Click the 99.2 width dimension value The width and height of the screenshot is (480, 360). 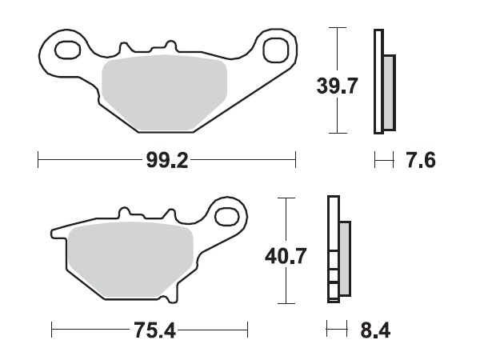click(166, 161)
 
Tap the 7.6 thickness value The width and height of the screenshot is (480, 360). click(421, 161)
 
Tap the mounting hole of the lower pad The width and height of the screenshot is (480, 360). click(230, 217)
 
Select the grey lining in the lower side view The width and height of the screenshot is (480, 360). click(345, 258)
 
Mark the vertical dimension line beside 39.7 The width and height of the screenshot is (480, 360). click(339, 80)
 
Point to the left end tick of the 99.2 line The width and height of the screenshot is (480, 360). click(38, 161)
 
